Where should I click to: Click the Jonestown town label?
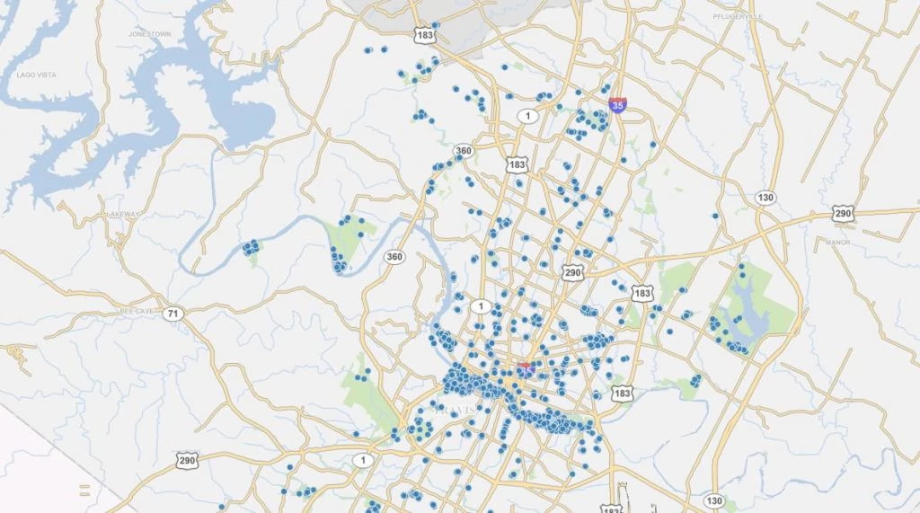149,34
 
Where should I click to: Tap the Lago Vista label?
36,75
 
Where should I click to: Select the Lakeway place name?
122,214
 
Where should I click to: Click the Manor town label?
837,243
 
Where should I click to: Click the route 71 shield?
174,314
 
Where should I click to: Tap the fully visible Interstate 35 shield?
616,105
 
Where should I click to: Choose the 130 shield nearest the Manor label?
765,198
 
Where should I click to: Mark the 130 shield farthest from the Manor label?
714,500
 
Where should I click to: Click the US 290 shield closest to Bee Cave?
186,460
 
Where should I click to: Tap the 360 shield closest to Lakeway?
394,257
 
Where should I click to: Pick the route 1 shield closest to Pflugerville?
528,116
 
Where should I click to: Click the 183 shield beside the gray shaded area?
425,35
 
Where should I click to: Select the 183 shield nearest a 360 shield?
517,164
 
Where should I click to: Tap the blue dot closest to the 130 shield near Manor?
715,216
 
